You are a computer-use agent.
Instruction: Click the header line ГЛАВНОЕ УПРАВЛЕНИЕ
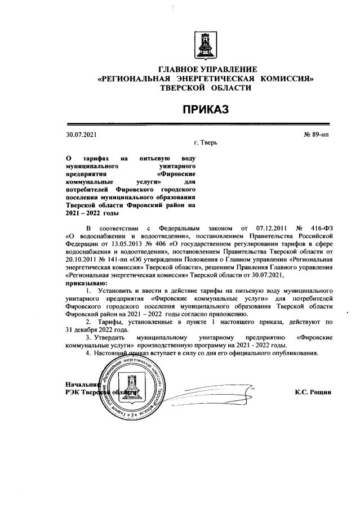tap(205, 69)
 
